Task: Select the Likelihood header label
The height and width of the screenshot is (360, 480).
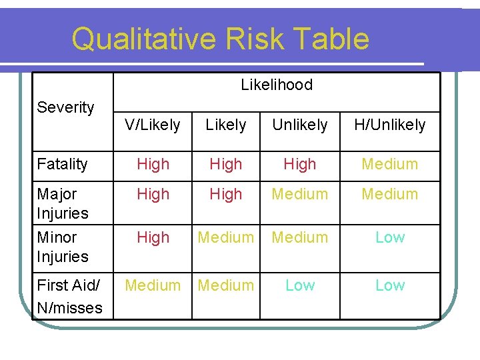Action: click(277, 85)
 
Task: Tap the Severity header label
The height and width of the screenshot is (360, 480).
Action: click(65, 107)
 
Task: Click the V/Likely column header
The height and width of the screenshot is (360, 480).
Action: click(153, 125)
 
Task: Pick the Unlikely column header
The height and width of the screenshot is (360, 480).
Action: click(300, 125)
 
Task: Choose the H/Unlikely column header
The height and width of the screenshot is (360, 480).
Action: click(390, 125)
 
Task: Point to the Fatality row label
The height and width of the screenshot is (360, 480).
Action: click(63, 164)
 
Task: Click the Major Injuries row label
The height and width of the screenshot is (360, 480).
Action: click(63, 203)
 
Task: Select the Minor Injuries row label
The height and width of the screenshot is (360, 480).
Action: click(63, 247)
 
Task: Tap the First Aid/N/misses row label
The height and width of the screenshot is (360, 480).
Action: click(69, 296)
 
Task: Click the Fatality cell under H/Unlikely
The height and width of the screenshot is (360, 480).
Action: click(390, 164)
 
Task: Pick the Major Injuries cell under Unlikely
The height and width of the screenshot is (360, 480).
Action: click(300, 194)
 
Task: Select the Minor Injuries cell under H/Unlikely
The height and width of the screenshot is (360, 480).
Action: click(390, 237)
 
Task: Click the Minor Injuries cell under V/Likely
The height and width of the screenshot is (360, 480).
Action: click(153, 237)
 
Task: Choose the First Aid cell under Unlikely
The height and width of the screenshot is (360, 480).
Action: click(300, 285)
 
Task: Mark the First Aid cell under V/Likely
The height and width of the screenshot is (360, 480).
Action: click(153, 285)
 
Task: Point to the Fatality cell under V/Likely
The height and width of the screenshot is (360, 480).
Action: click(153, 164)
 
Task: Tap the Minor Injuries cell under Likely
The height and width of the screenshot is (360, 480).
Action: click(226, 237)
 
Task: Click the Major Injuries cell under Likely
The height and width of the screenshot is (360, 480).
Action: click(226, 194)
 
